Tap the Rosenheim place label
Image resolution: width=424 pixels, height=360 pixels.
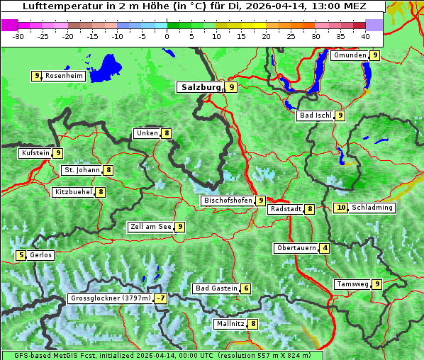coord(63,76)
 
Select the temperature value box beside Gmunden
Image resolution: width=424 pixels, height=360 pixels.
coord(374,55)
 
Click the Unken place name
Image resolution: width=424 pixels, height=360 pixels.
coord(147,133)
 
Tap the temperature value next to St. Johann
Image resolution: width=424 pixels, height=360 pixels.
coord(108,170)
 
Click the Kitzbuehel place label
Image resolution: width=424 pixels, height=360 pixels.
coord(73,192)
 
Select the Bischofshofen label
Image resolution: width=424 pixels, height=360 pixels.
coord(228,201)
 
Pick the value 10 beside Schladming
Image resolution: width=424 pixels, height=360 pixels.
coord(341,208)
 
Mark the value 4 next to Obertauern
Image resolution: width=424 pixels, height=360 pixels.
coord(325,248)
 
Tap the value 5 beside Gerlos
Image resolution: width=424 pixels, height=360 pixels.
coord(21,255)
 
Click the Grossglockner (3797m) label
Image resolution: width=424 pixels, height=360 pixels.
coord(111,299)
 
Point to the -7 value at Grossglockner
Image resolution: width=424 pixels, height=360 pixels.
coord(161,299)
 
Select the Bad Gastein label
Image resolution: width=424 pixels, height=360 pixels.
coord(216,288)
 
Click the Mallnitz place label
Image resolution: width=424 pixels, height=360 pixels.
coord(230,324)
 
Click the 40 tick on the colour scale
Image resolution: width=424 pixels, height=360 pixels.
coord(364,35)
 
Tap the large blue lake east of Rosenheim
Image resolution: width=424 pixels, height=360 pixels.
coord(106,67)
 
